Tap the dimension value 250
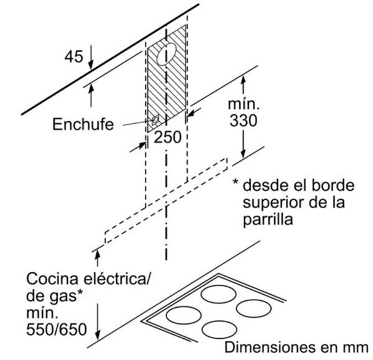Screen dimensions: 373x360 (168, 137)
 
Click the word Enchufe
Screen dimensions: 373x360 (83, 124)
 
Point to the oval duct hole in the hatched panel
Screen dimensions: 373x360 (163, 55)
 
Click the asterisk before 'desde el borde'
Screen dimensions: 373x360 (236, 185)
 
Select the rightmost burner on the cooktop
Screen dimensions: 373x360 (254, 308)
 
